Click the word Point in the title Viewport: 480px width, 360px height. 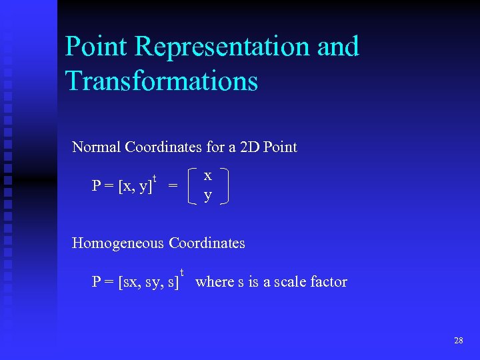[96, 47]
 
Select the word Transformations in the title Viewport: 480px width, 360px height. [161, 81]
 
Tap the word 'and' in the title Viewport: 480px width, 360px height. [337, 47]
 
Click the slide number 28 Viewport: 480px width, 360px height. [458, 341]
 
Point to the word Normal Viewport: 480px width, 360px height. [96, 147]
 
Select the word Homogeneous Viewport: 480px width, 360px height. [118, 243]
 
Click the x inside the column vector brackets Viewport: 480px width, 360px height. [208, 176]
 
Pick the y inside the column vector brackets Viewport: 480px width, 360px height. [208, 195]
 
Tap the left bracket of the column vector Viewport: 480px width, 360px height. [193, 186]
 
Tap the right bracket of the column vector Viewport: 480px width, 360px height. [225, 186]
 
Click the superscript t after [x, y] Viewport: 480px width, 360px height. [155, 179]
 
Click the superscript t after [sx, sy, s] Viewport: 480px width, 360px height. [182, 272]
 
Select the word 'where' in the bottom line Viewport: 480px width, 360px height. [215, 282]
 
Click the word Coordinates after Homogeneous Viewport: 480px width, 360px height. [207, 243]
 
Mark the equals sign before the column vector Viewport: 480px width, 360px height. [173, 187]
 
